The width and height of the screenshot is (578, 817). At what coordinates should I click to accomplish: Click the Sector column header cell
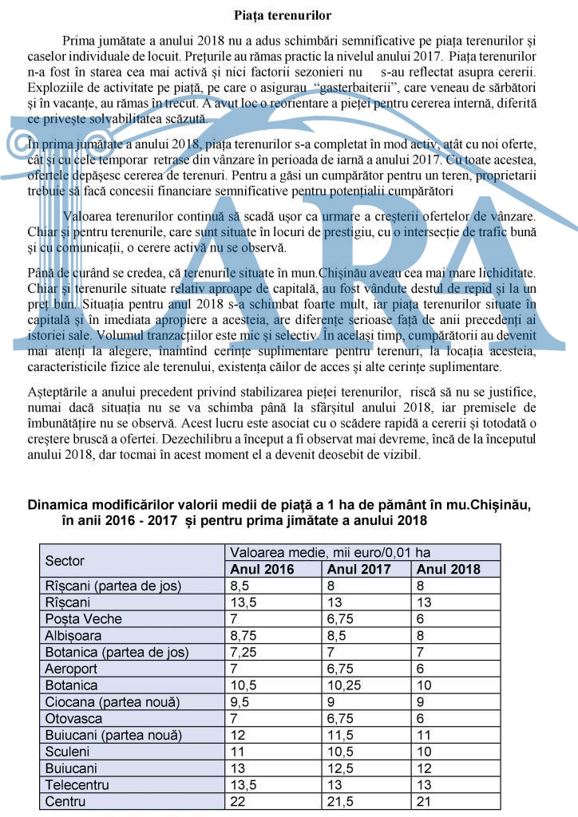click(x=65, y=561)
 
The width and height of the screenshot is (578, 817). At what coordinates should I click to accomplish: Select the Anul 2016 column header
click(x=262, y=569)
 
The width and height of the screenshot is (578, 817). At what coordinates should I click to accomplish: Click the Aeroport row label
click(x=72, y=669)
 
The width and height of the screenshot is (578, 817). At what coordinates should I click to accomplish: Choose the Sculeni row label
click(x=68, y=752)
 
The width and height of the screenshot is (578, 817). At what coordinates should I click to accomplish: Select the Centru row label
click(x=65, y=801)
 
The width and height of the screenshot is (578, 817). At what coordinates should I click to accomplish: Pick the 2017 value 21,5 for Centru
click(x=338, y=801)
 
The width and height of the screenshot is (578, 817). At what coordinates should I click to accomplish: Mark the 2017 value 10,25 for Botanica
click(x=342, y=685)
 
